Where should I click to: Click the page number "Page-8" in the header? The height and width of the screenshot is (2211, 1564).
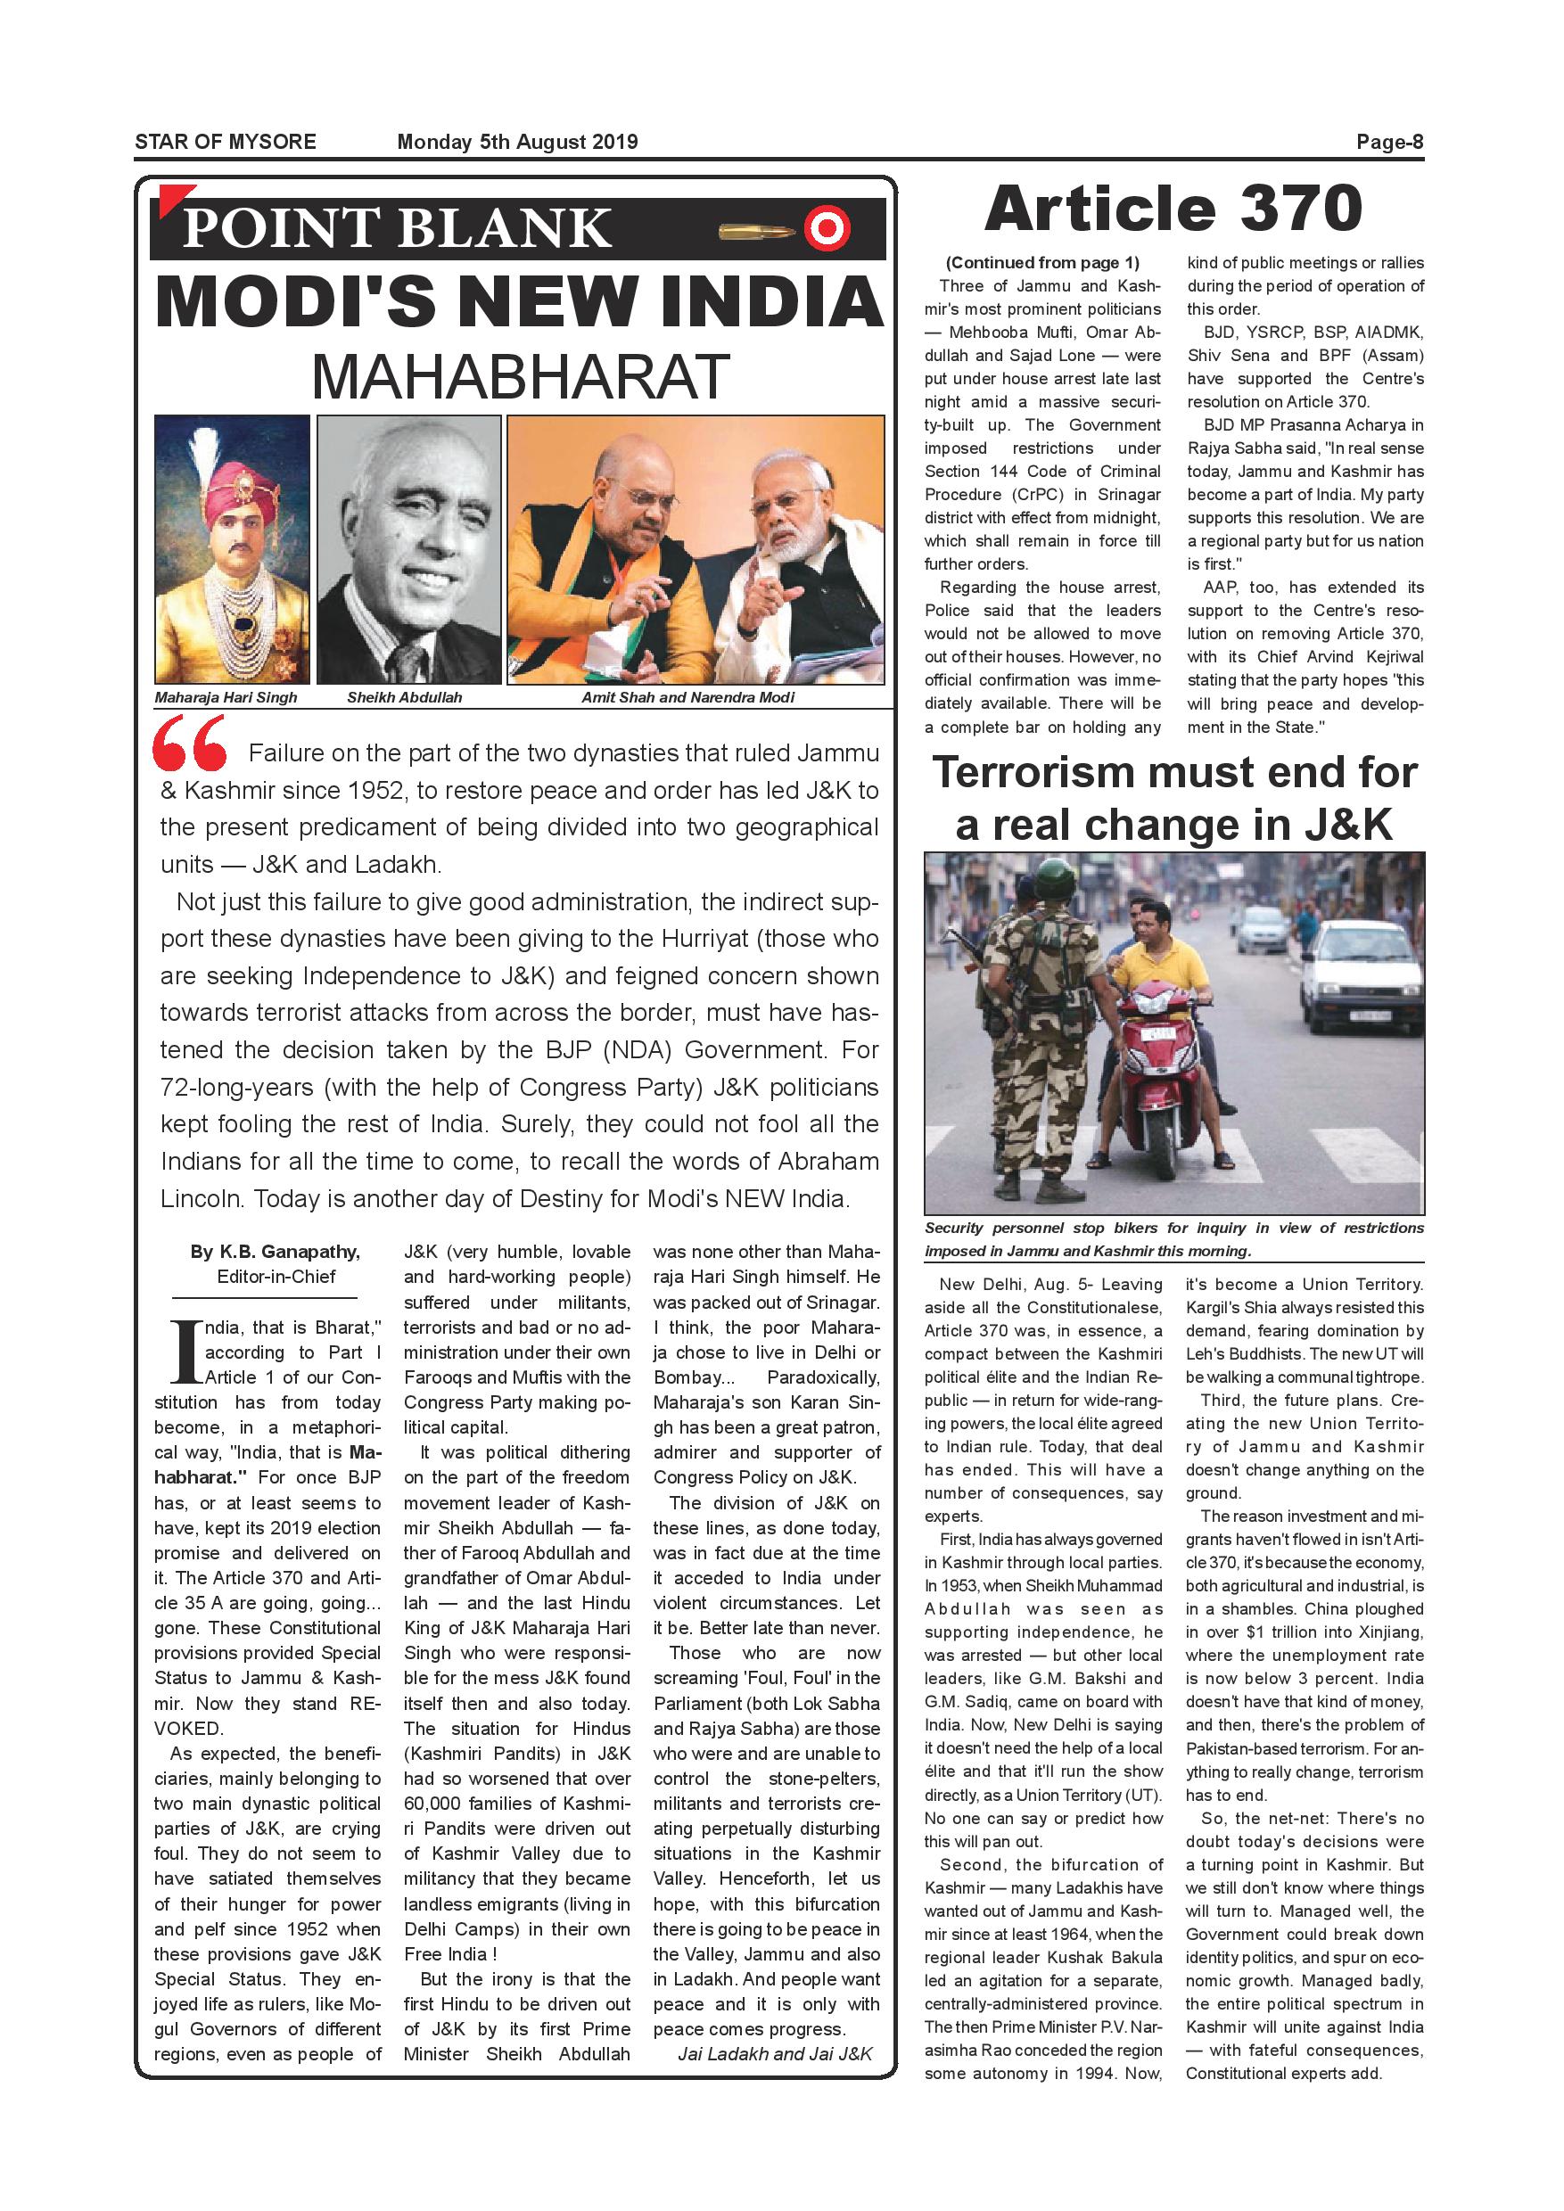[x=1388, y=143]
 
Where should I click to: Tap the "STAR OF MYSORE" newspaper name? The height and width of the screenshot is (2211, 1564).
[x=226, y=143]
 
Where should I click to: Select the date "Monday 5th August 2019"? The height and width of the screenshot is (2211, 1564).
[x=517, y=143]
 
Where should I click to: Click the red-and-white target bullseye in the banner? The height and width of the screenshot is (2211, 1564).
[x=826, y=229]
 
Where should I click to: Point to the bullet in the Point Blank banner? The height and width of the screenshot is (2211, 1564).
[x=756, y=231]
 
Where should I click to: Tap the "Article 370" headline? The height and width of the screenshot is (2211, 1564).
[x=1173, y=209]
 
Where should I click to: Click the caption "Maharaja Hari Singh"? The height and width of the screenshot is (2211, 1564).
[x=226, y=697]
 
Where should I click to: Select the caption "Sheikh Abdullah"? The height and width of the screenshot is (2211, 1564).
[x=405, y=697]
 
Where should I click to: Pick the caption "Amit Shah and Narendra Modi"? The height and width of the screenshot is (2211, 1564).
[x=687, y=697]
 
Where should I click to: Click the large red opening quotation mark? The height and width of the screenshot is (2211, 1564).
[x=190, y=744]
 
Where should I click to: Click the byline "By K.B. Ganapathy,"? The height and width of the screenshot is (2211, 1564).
[x=276, y=1252]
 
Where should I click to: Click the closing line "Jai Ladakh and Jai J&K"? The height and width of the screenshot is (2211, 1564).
[x=774, y=2054]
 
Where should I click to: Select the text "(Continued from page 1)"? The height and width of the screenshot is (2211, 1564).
[x=1042, y=263]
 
